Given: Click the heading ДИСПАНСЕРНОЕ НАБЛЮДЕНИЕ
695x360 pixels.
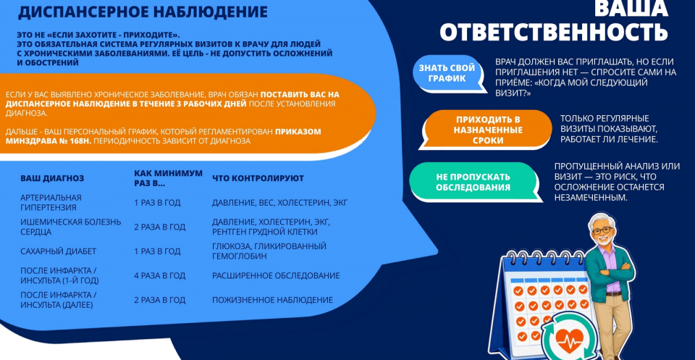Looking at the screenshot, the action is coord(143,12).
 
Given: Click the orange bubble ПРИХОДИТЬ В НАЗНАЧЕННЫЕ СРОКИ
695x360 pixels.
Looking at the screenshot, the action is coord(487,130).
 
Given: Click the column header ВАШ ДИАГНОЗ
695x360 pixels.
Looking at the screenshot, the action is coord(52,178).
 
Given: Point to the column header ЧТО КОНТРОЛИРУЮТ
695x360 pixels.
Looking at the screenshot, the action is coord(258,178).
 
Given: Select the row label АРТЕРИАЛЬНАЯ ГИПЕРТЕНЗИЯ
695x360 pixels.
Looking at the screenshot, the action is coord(51,202).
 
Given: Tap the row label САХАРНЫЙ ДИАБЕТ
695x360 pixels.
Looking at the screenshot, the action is coord(59,251).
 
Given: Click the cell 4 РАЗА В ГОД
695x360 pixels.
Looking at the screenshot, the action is coord(159,276).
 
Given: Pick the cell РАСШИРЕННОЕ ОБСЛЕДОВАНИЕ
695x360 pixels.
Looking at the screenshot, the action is coord(276,276).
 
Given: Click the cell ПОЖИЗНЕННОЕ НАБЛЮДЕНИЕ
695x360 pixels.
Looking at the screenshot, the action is coord(273,300).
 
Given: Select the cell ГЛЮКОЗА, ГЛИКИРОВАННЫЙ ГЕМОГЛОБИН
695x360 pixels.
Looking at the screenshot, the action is coord(269,251).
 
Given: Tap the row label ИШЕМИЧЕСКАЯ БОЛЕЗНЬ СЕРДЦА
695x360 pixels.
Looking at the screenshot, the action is coord(71,227).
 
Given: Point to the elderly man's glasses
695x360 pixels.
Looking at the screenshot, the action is coord(602,231).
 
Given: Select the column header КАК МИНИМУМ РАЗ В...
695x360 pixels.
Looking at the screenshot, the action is coord(168,177).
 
